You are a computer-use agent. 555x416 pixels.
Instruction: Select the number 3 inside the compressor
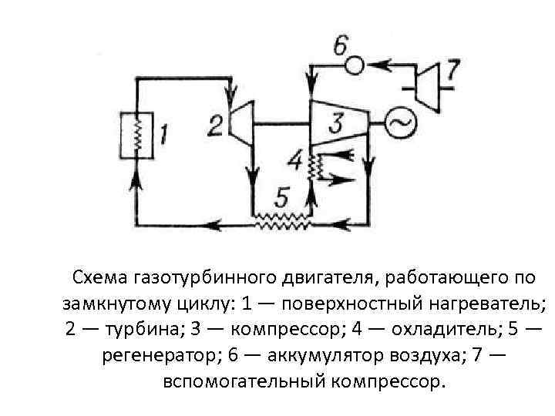(336, 122)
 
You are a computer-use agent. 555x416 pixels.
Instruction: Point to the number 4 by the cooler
(295, 161)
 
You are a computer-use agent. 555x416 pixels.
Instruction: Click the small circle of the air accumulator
(354, 66)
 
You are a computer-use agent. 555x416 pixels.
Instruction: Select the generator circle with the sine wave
(400, 122)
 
